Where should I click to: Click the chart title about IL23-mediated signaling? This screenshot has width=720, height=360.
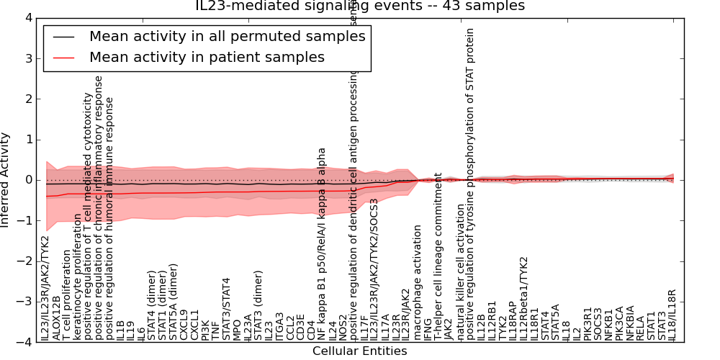[x=360, y=6]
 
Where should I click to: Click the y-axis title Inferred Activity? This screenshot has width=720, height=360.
[x=6, y=180]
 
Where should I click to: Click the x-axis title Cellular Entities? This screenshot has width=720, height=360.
[x=359, y=351]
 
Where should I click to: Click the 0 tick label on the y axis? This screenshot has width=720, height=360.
[x=27, y=180]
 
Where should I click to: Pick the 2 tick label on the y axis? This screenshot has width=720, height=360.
[x=27, y=99]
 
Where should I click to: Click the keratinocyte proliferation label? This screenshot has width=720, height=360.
[x=78, y=276]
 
